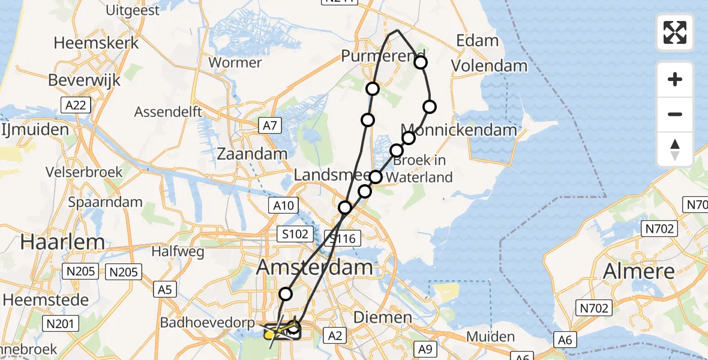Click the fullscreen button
675,32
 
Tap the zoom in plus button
675,79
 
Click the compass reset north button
675,149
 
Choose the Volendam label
489,65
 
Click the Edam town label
478,41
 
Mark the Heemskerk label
96,43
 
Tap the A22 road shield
76,106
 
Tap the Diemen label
382,317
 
